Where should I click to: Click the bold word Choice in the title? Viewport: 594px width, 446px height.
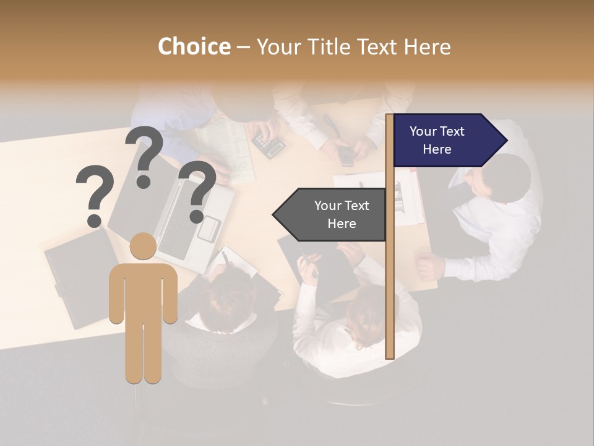[194, 46]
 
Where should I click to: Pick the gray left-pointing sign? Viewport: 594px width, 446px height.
[331, 214]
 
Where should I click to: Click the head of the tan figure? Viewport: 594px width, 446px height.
[143, 247]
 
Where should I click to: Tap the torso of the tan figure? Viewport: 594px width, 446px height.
[143, 291]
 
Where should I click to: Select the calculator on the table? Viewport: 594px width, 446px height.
[269, 146]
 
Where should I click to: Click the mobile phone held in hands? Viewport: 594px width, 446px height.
[346, 155]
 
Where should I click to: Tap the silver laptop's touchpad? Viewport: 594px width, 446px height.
[209, 228]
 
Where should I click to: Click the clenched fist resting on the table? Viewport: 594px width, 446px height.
[429, 266]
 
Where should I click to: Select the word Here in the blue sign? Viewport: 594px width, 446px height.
[437, 149]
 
